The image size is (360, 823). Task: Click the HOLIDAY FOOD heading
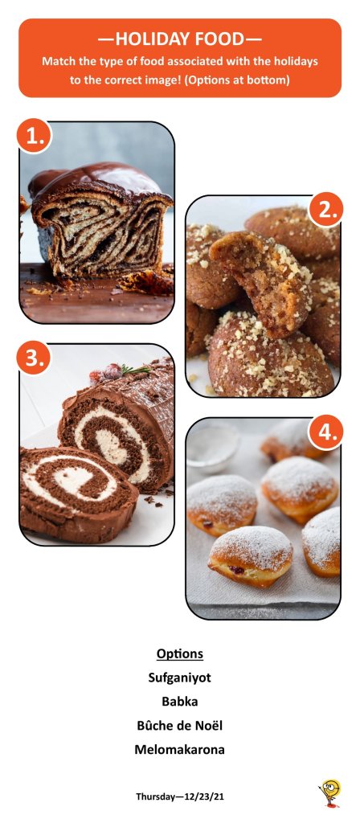(179, 39)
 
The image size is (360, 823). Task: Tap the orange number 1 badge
(34, 137)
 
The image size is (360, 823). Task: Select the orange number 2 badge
(326, 210)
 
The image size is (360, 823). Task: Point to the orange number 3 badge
(34, 358)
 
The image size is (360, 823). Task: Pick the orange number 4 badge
(326, 433)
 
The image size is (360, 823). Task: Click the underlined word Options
(179, 654)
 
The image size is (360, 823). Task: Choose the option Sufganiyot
(179, 678)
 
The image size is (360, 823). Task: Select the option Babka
(179, 701)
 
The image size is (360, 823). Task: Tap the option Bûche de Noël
(179, 726)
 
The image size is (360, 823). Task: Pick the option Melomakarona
(179, 750)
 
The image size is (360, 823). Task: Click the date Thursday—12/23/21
(180, 796)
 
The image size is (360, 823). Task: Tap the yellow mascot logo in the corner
(330, 793)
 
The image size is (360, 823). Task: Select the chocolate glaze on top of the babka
(100, 182)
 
